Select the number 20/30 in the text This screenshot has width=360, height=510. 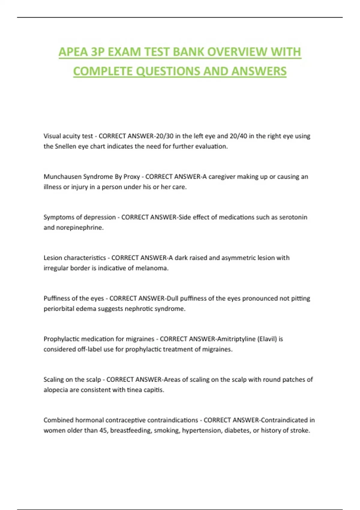click(164, 136)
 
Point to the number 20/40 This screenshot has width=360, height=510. click(238, 136)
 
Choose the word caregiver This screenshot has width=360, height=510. click(222, 177)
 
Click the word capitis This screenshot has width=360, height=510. click(154, 390)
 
